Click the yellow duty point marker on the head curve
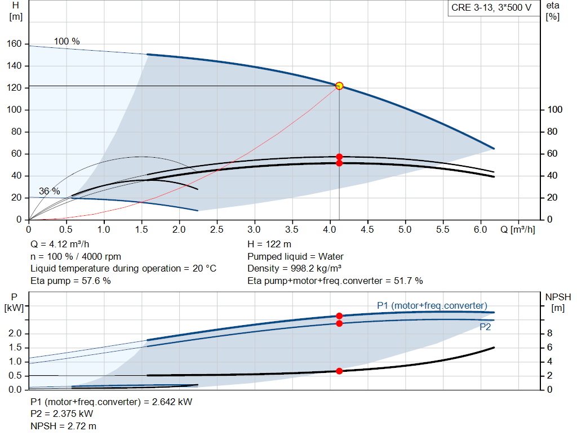[339, 86]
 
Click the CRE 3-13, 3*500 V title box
[491, 8]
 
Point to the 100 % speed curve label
[67, 42]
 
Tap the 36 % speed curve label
[49, 192]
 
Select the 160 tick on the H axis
[15, 44]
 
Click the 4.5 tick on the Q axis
[367, 230]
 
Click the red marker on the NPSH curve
[339, 371]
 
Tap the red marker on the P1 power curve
[339, 316]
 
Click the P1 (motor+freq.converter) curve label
[432, 305]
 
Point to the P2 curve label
[485, 327]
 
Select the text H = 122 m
[269, 244]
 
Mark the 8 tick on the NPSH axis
[549, 334]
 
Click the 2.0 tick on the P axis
[15, 334]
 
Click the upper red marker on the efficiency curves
[339, 157]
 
